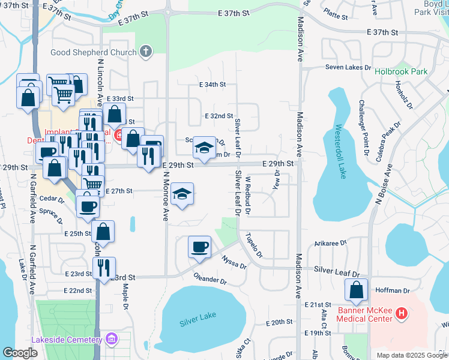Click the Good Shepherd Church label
[94, 52]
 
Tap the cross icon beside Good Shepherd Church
[145, 52]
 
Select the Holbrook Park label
[401, 71]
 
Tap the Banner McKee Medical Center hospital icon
[402, 313]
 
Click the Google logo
[20, 352]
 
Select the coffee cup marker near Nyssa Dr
[199, 246]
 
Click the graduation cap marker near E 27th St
[182, 193]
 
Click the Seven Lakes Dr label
[348, 67]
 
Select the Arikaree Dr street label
[331, 244]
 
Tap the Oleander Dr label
[210, 280]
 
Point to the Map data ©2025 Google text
[411, 355]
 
